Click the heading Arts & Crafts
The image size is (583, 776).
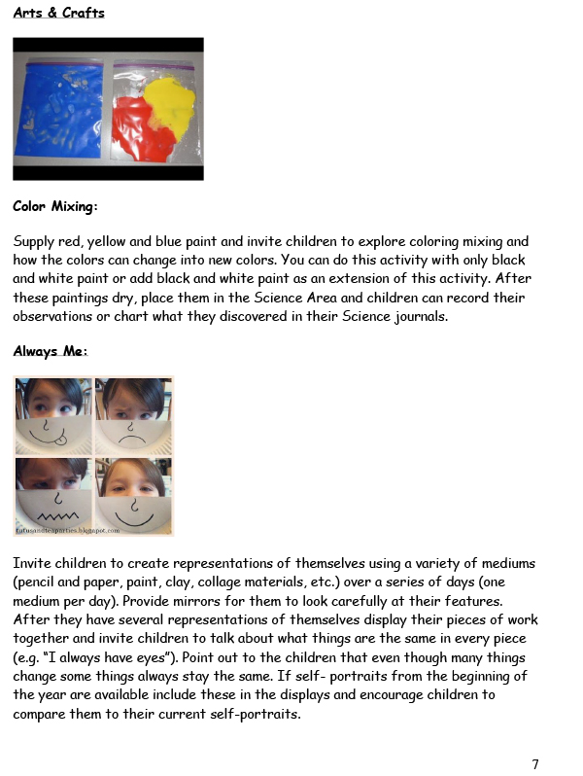point(59,14)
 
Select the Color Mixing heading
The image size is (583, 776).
point(55,207)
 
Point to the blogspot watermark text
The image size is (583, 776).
point(68,531)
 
